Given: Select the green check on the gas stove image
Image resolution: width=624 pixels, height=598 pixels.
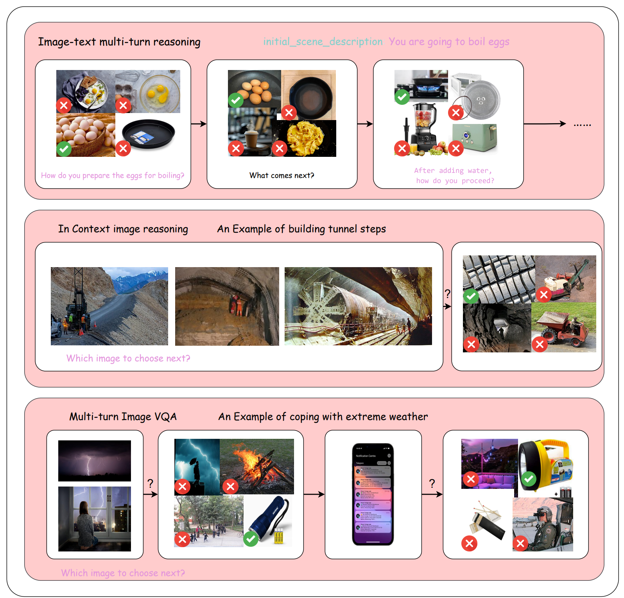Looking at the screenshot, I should click(x=402, y=97).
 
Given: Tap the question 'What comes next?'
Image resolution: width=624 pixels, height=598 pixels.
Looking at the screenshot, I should click(x=282, y=176).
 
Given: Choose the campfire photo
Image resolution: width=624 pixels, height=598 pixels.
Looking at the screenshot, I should click(x=257, y=466).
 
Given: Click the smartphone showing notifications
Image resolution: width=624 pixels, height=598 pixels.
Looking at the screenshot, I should click(x=373, y=494).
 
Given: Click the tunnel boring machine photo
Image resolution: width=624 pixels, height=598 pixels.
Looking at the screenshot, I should click(x=358, y=306).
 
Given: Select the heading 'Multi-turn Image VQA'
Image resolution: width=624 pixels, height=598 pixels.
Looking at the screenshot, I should click(x=123, y=417).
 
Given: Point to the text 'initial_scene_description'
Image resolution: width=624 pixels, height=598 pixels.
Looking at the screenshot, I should click(x=323, y=41).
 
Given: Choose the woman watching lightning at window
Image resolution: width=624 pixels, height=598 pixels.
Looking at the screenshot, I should click(x=95, y=519).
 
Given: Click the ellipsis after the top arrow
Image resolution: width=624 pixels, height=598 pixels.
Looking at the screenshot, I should click(x=582, y=125).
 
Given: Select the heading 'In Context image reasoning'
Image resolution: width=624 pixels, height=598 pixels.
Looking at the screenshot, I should click(x=123, y=229).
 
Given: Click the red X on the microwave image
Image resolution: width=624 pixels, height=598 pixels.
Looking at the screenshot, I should click(x=455, y=113).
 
